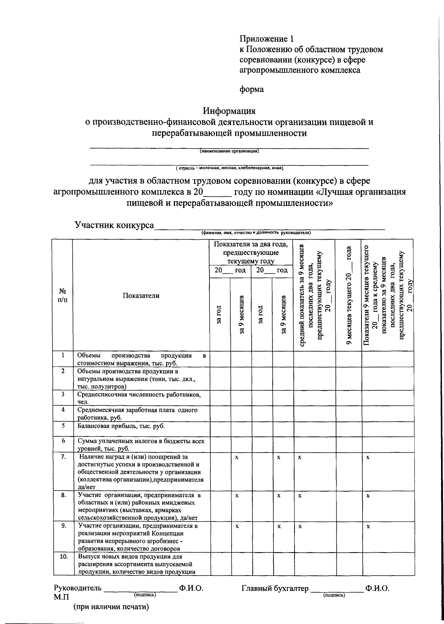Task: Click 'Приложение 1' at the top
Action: point(266,39)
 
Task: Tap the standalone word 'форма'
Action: point(252,90)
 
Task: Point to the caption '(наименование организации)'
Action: point(229,151)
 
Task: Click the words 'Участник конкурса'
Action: point(114,225)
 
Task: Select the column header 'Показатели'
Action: point(141,296)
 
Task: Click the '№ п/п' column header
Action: point(63,296)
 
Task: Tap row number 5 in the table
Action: point(63,425)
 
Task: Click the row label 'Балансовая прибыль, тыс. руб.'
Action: point(121,426)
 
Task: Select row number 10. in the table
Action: point(63,557)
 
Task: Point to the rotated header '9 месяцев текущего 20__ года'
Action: point(348,296)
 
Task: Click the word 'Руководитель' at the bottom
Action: point(77,588)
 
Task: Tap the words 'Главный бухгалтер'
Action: point(275,588)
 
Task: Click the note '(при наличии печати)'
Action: point(111,607)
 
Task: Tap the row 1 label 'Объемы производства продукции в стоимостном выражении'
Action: point(141,359)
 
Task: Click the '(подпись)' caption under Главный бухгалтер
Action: point(334,595)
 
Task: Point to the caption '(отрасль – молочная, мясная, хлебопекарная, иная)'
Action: point(229,168)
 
